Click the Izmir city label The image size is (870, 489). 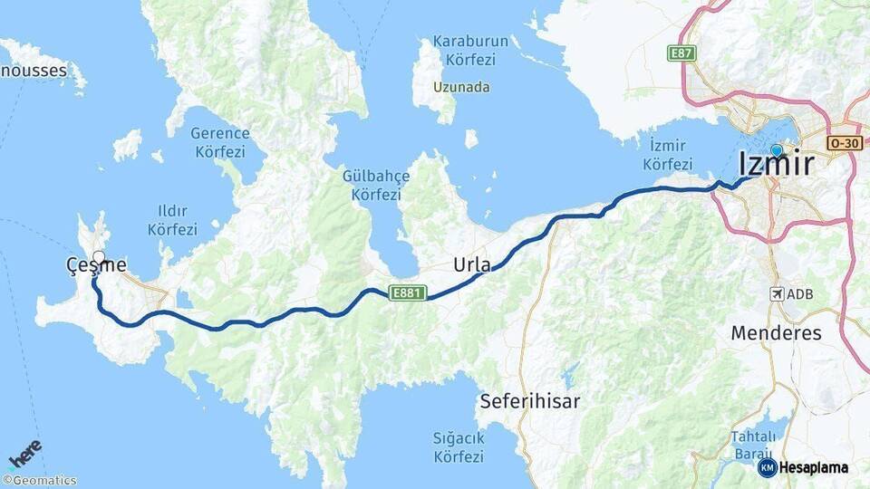point(776,164)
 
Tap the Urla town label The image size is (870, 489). point(472,265)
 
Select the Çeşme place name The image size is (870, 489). point(95,264)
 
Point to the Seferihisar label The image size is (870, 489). point(530,400)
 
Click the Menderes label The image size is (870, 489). point(776,332)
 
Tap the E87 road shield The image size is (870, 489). point(682,53)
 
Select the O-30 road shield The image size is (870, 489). point(843,143)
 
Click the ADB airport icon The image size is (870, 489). point(777,294)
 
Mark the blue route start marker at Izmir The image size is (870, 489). point(777,151)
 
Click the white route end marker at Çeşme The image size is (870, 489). point(99,257)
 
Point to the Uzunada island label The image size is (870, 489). point(461,87)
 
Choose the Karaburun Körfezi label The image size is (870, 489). point(464,50)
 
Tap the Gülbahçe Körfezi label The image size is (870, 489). point(376,185)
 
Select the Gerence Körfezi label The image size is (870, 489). point(219,142)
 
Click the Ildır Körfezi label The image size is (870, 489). point(172,221)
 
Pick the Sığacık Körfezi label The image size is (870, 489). point(459,446)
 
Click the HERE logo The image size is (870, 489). point(25,454)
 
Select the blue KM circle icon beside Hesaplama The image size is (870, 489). point(767,467)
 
